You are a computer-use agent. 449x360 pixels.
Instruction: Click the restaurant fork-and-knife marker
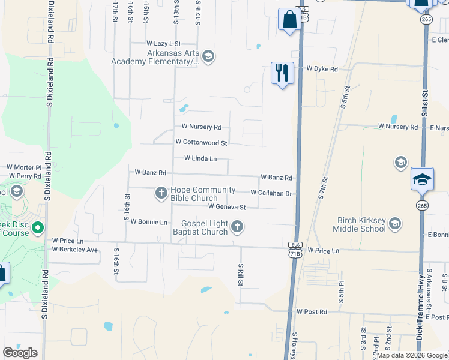pyautogui.click(x=282, y=73)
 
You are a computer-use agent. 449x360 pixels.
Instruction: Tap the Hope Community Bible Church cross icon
pyautogui.click(x=161, y=193)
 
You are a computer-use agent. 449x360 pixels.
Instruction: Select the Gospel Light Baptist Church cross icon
pyautogui.click(x=238, y=226)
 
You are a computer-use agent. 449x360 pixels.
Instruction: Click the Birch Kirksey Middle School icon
pyautogui.click(x=395, y=224)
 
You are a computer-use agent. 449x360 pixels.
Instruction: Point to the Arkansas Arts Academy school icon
pyautogui.click(x=208, y=56)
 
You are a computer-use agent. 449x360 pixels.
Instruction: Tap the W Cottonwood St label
pyautogui.click(x=201, y=143)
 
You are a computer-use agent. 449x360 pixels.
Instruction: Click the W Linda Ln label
pyautogui.click(x=200, y=158)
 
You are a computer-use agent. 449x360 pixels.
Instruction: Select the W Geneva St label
pyautogui.click(x=227, y=207)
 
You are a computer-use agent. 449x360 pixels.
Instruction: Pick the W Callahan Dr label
pyautogui.click(x=271, y=193)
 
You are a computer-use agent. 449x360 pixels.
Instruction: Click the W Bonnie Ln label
pyautogui.click(x=149, y=222)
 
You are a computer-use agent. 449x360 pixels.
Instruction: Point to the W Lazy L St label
pyautogui.click(x=164, y=44)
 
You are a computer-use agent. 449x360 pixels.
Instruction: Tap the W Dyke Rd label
pyautogui.click(x=322, y=69)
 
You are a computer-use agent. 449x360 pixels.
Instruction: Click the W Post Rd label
pyautogui.click(x=312, y=312)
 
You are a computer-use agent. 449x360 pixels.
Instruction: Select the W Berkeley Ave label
pyautogui.click(x=75, y=250)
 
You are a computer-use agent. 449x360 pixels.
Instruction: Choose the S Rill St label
pyautogui.click(x=241, y=275)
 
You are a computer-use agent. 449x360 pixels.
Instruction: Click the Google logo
pyautogui.click(x=20, y=353)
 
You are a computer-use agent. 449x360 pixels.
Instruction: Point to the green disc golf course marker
pyautogui.click(x=38, y=228)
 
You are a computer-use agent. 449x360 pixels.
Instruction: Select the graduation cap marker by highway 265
pyautogui.click(x=422, y=179)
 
